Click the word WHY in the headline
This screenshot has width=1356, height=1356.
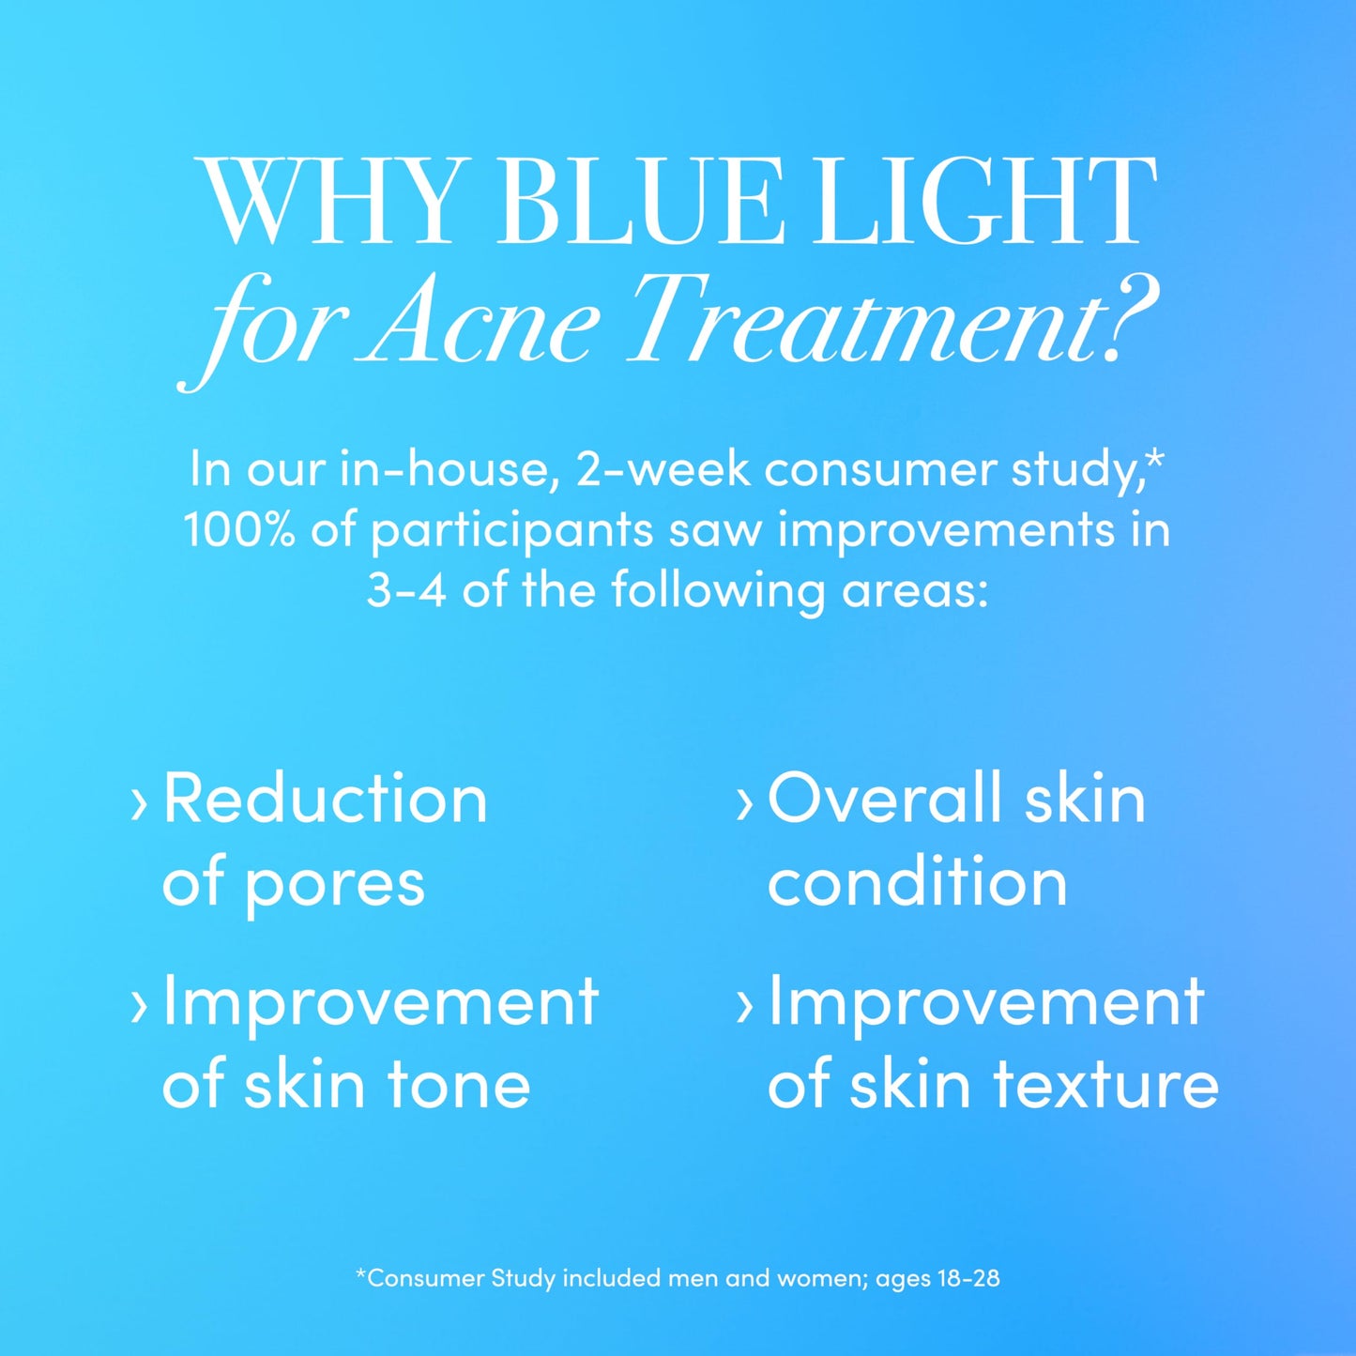[336, 202]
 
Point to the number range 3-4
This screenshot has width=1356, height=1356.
[405, 591]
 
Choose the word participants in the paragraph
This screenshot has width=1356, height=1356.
[511, 532]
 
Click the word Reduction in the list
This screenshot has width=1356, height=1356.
[325, 800]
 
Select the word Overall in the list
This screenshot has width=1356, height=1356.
[884, 800]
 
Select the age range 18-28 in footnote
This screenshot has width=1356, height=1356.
[967, 1278]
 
